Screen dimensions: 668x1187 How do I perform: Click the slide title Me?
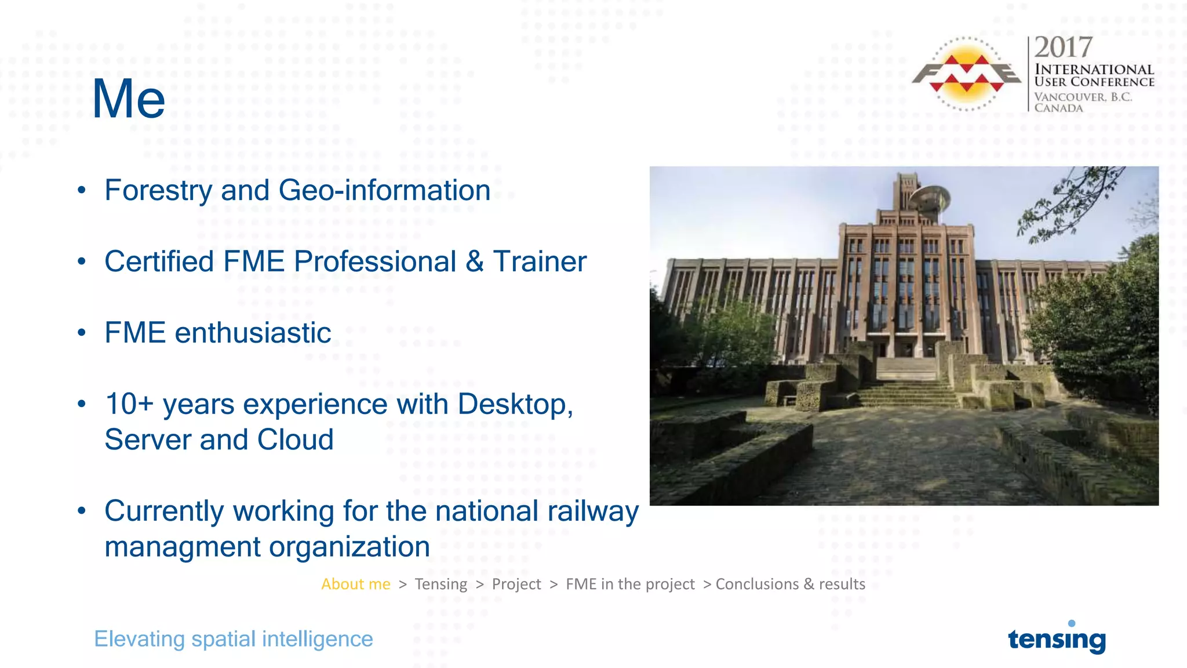pyautogui.click(x=129, y=100)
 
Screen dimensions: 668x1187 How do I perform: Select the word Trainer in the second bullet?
pyautogui.click(x=540, y=262)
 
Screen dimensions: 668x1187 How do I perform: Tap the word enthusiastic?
pyautogui.click(x=253, y=333)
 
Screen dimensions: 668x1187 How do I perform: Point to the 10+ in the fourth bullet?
pyautogui.click(x=129, y=404)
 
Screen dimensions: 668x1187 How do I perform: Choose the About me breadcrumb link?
pyautogui.click(x=356, y=584)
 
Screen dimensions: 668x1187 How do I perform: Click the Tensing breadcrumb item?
pyautogui.click(x=440, y=584)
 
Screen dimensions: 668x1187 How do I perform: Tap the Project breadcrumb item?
pyautogui.click(x=516, y=584)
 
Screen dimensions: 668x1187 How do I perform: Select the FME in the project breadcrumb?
pyautogui.click(x=630, y=584)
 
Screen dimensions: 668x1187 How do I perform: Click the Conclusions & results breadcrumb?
pyautogui.click(x=790, y=584)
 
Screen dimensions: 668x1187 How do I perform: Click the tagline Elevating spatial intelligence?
pyautogui.click(x=233, y=639)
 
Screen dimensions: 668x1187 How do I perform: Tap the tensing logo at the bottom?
pyautogui.click(x=1057, y=639)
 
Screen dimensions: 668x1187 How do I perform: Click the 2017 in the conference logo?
pyautogui.click(x=1063, y=48)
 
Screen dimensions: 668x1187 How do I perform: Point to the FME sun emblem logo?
pyautogui.click(x=966, y=74)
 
